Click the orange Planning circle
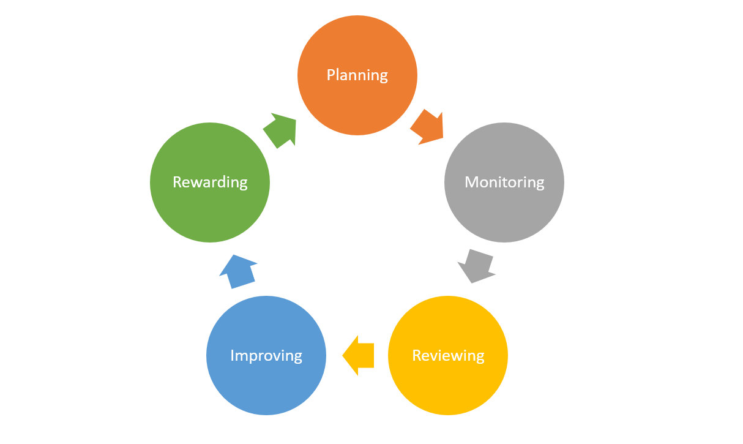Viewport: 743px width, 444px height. pos(357,98)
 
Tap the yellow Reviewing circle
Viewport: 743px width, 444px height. pos(448,380)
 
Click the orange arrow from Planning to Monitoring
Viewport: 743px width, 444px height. pos(427,127)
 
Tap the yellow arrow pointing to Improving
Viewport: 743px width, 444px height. pos(359,355)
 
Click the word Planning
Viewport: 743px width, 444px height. pos(357,75)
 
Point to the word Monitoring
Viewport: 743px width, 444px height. pos(504,182)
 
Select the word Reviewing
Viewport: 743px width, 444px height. pos(448,355)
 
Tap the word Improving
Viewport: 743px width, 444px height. pos(266,355)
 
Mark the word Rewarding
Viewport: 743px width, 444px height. pos(210,182)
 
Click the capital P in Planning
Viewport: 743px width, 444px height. pos(331,75)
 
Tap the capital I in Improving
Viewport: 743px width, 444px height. pos(233,355)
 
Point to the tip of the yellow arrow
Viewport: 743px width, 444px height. pos(343,355)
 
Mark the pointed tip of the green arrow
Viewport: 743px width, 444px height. pos(296,120)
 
